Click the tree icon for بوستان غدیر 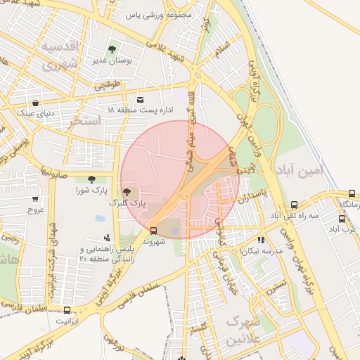[112, 49]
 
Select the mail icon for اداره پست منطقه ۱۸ [141, 100]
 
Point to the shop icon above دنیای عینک [35, 103]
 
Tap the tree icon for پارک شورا [91, 179]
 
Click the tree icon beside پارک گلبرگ [127, 191]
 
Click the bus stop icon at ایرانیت [67, 310]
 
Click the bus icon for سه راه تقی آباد [293, 205]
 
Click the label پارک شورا [91, 191]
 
